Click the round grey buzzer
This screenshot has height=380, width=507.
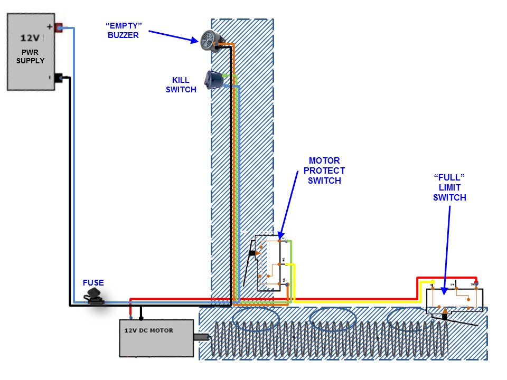(210, 41)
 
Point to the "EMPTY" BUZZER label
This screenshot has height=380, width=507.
(124, 30)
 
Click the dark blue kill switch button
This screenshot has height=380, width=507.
(213, 80)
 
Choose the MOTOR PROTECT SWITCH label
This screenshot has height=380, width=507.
(324, 170)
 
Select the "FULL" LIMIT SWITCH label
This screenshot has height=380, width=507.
(449, 187)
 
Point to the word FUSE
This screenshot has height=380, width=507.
(93, 283)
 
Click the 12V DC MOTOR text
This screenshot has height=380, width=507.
(148, 330)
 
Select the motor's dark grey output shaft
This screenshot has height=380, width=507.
(201, 337)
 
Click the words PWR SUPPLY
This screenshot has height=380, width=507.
(30, 56)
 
